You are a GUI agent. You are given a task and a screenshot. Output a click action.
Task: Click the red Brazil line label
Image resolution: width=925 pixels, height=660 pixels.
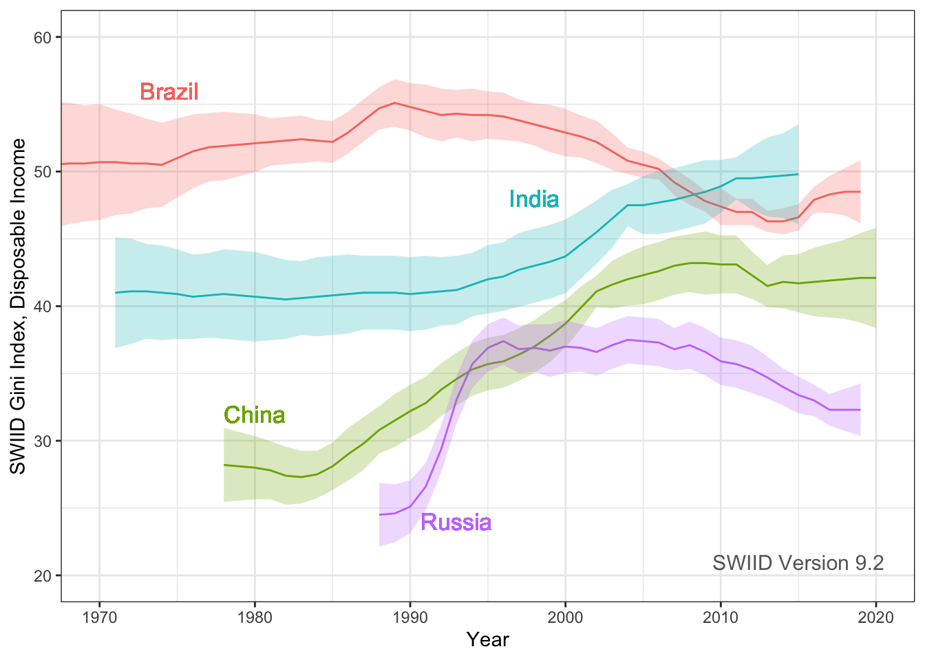tap(169, 91)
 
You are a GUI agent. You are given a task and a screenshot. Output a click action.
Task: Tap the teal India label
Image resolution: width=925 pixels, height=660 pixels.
tap(533, 199)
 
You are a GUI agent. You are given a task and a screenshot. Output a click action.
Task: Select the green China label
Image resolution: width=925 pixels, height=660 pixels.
tap(255, 415)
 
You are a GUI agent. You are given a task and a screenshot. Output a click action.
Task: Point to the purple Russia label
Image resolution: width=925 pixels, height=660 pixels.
tap(456, 522)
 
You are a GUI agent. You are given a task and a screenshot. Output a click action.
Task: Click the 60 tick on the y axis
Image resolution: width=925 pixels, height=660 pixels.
tap(43, 37)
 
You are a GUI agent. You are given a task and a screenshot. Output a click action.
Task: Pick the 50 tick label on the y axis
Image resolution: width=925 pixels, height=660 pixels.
tap(43, 171)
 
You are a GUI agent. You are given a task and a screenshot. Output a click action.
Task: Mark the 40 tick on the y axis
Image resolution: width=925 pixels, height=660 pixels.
tap(43, 306)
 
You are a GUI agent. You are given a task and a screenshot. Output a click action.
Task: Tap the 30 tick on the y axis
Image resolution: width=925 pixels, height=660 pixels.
tap(43, 441)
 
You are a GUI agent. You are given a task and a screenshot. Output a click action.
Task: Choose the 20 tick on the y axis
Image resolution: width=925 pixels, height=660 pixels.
tap(43, 575)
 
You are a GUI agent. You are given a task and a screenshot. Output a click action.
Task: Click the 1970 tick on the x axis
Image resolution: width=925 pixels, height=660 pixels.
tap(99, 617)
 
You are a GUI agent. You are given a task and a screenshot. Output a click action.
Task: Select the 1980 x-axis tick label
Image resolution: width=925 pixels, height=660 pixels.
tap(255, 617)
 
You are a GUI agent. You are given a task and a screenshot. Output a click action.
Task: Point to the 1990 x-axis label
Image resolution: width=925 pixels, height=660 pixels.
tap(410, 617)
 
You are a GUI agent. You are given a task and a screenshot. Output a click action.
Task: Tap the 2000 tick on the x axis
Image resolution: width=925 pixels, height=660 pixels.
tap(565, 617)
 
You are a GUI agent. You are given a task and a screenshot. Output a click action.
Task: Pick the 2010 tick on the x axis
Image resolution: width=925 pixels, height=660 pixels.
tap(721, 617)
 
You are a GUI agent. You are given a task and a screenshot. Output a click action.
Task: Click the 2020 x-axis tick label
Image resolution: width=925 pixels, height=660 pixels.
tap(876, 617)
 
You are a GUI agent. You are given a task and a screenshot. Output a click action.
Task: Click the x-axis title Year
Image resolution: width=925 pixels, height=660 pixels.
tap(487, 640)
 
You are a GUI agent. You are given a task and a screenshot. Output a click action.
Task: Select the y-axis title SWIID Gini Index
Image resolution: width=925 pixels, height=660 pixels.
tap(19, 306)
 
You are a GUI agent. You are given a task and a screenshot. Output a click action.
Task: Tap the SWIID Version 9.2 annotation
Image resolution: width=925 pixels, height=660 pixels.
tap(798, 563)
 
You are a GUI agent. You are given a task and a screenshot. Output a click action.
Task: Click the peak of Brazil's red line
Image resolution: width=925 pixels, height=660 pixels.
tap(394, 102)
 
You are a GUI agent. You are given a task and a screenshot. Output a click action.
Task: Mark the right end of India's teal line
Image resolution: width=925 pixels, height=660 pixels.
tap(798, 174)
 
